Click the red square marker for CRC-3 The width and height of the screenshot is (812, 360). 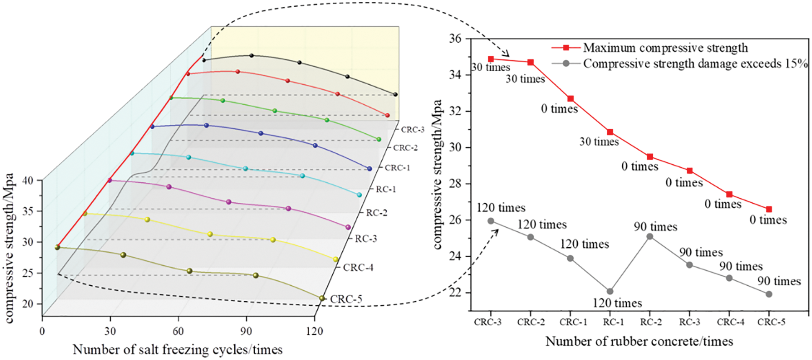[x=491, y=59]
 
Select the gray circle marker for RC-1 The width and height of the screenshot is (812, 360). [x=610, y=291]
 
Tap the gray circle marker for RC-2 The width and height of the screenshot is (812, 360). [x=650, y=236]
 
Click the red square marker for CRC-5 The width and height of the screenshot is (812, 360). [x=769, y=209]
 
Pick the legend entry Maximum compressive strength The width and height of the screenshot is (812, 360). [x=665, y=48]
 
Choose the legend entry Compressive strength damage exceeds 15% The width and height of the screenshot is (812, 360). [x=695, y=64]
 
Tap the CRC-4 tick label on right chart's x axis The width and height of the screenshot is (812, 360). [x=730, y=322]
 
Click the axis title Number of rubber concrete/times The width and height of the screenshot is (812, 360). [x=639, y=342]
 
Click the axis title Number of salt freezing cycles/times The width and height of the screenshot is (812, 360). [x=178, y=350]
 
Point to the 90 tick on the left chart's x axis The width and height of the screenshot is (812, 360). [x=246, y=331]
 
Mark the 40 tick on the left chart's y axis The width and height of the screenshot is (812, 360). [x=32, y=180]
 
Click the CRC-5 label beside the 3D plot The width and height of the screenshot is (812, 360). [x=346, y=299]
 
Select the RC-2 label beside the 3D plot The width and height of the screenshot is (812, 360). [x=377, y=213]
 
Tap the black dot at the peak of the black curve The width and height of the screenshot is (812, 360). [x=251, y=55]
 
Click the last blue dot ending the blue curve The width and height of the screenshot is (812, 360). [x=369, y=168]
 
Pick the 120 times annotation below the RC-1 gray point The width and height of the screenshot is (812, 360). [x=617, y=303]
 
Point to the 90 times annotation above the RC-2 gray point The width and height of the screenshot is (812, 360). [x=655, y=227]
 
